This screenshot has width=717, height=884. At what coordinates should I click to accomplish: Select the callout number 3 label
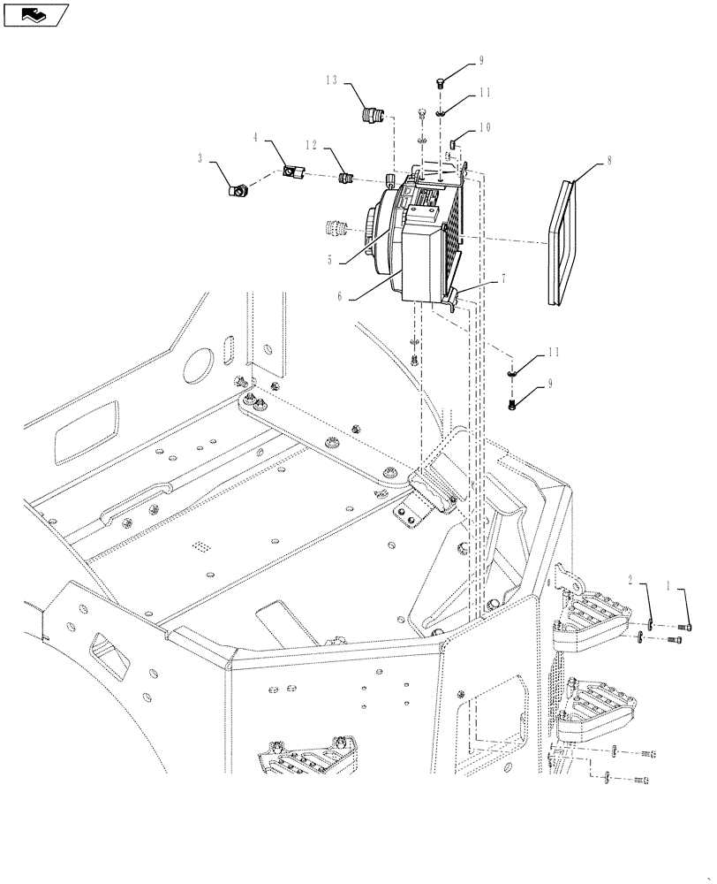point(201,158)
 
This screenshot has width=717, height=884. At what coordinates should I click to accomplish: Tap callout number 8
point(608,160)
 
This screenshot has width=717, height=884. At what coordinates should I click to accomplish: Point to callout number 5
point(329,261)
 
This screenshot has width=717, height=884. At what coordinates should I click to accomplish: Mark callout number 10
point(485,127)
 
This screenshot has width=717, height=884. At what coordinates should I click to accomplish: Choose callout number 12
point(311,144)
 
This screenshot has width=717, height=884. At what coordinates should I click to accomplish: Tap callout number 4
point(256,138)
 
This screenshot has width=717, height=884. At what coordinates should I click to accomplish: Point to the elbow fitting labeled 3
point(237,188)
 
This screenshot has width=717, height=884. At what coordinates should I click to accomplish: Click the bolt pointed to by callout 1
point(684,627)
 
